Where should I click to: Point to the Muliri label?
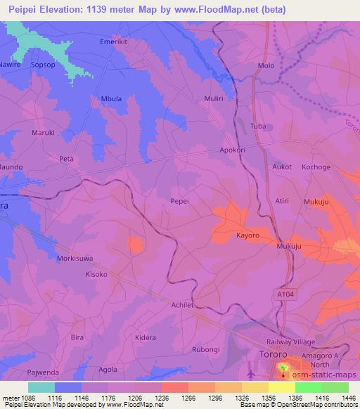(213, 99)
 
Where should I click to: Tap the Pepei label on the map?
(180, 200)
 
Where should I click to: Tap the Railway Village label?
(295, 341)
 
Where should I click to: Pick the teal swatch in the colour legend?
(41, 387)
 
